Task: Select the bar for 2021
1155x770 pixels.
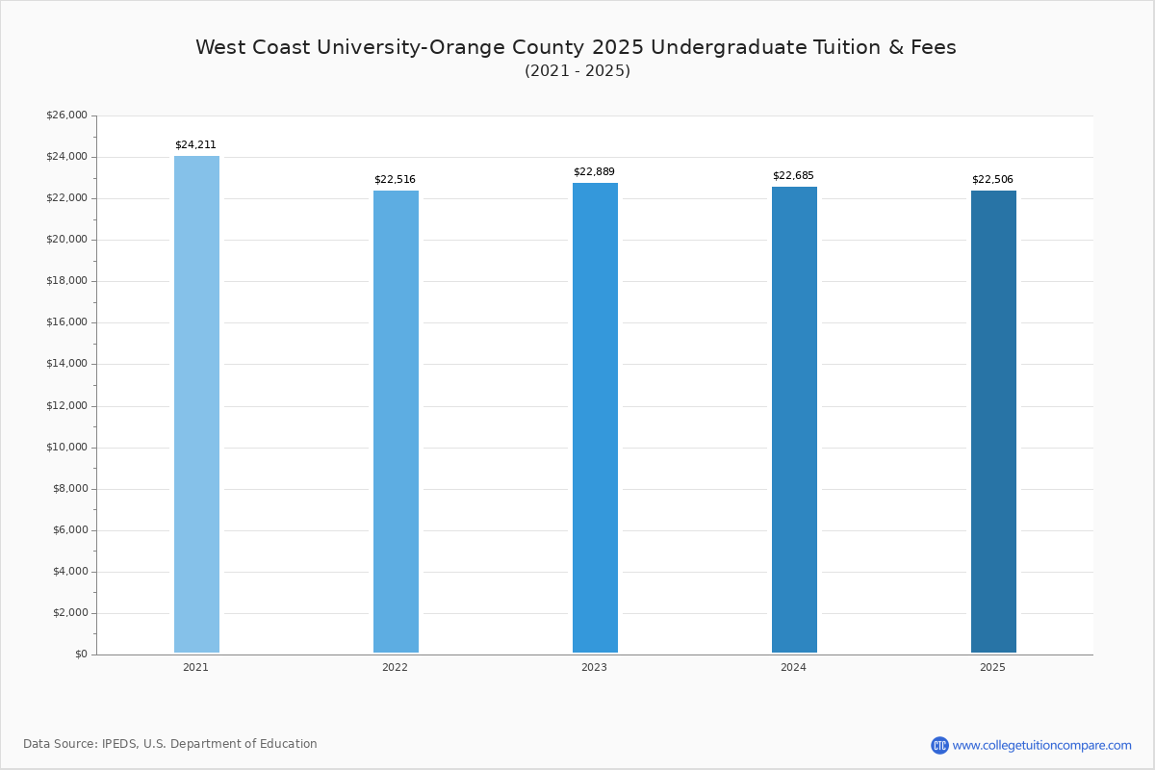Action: tap(196, 404)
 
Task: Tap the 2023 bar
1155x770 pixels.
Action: tap(595, 418)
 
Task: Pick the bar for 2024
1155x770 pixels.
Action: tap(794, 420)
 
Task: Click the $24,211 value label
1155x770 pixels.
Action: tap(195, 145)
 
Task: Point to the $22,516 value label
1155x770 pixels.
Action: tap(395, 180)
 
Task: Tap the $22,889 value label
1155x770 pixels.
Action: tap(594, 172)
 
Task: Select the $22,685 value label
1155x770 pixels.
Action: tap(793, 176)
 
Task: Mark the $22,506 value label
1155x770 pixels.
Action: tap(992, 180)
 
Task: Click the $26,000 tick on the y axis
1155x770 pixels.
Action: tap(66, 115)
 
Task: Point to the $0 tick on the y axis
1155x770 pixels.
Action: tap(80, 654)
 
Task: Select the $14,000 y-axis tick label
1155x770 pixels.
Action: tap(66, 364)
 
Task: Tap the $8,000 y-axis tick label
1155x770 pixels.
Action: tap(69, 489)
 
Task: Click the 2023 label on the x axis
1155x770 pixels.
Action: tap(594, 668)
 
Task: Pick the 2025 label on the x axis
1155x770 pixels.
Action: tap(992, 668)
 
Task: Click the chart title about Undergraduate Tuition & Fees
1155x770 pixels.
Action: tap(576, 47)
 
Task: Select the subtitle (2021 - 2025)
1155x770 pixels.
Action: tap(577, 71)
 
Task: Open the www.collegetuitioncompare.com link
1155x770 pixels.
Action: tap(1041, 745)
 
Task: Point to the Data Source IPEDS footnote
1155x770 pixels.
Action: tap(170, 744)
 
